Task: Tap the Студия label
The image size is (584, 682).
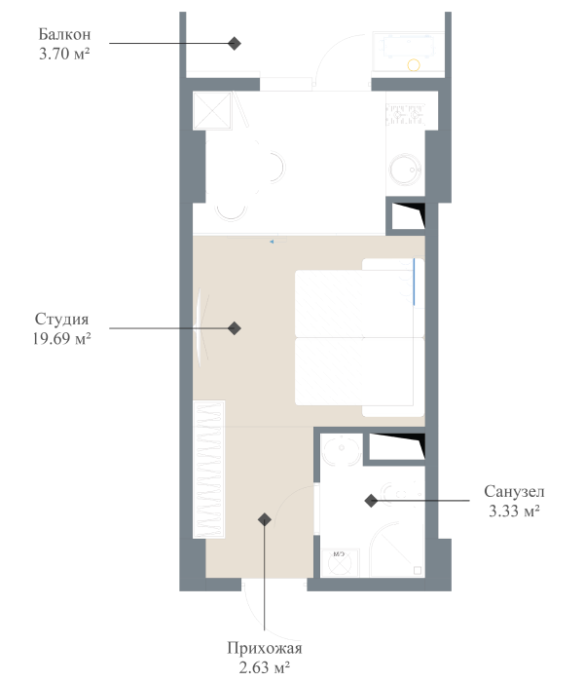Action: pos(62,320)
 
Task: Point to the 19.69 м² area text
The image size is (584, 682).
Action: pos(62,338)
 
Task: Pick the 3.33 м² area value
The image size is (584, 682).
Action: pos(513,510)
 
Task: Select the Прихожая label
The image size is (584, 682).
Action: pos(265,649)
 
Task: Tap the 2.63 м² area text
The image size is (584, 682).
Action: pos(265,667)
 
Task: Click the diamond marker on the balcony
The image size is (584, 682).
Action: pos(234,44)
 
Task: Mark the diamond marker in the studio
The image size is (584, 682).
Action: pos(235,329)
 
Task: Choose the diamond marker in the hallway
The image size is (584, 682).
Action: pos(264,519)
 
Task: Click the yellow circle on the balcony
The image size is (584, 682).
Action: pos(414,66)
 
